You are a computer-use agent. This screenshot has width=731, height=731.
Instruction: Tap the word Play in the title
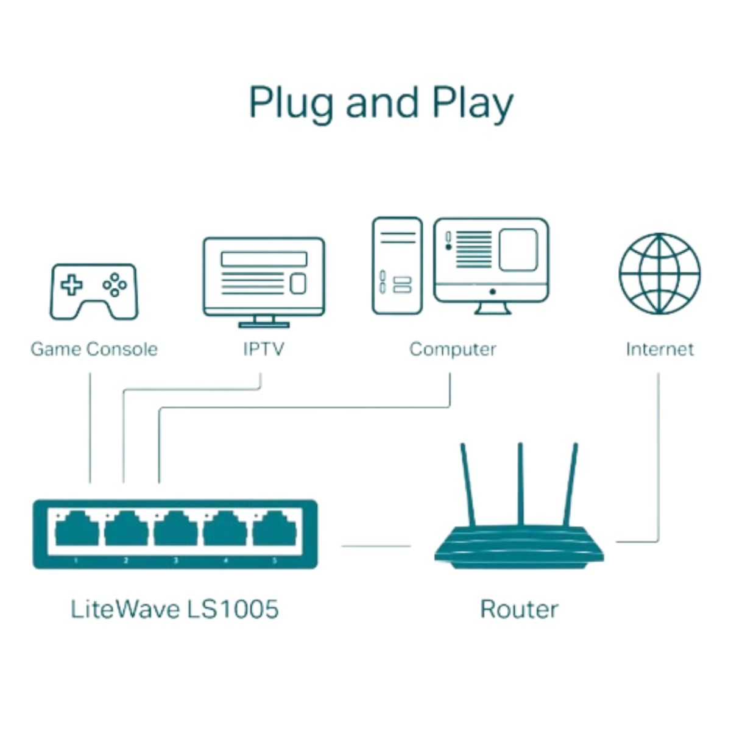(x=473, y=104)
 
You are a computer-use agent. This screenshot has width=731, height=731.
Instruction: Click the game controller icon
(x=93, y=291)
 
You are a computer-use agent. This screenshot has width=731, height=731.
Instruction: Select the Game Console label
(x=94, y=349)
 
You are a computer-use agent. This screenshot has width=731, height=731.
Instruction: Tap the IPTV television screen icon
(x=263, y=277)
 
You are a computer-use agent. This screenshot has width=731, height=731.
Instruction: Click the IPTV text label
(x=263, y=349)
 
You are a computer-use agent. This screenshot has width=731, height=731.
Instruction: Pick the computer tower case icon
(x=397, y=266)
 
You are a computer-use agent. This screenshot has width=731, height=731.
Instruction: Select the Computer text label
(x=452, y=349)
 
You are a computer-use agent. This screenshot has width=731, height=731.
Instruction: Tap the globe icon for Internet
(x=659, y=274)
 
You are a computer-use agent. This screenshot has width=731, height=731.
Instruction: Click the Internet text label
(x=659, y=349)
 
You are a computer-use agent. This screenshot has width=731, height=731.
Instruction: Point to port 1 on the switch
(x=77, y=530)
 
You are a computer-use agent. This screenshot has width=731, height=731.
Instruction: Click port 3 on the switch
(x=175, y=530)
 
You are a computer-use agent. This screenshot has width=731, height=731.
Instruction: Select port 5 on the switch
(x=274, y=530)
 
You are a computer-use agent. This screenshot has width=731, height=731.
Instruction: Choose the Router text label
(x=518, y=609)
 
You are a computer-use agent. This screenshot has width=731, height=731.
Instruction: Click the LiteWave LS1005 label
(x=174, y=609)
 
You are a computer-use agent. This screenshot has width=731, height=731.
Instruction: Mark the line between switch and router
(x=376, y=546)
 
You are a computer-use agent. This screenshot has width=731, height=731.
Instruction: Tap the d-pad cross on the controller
(x=71, y=284)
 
